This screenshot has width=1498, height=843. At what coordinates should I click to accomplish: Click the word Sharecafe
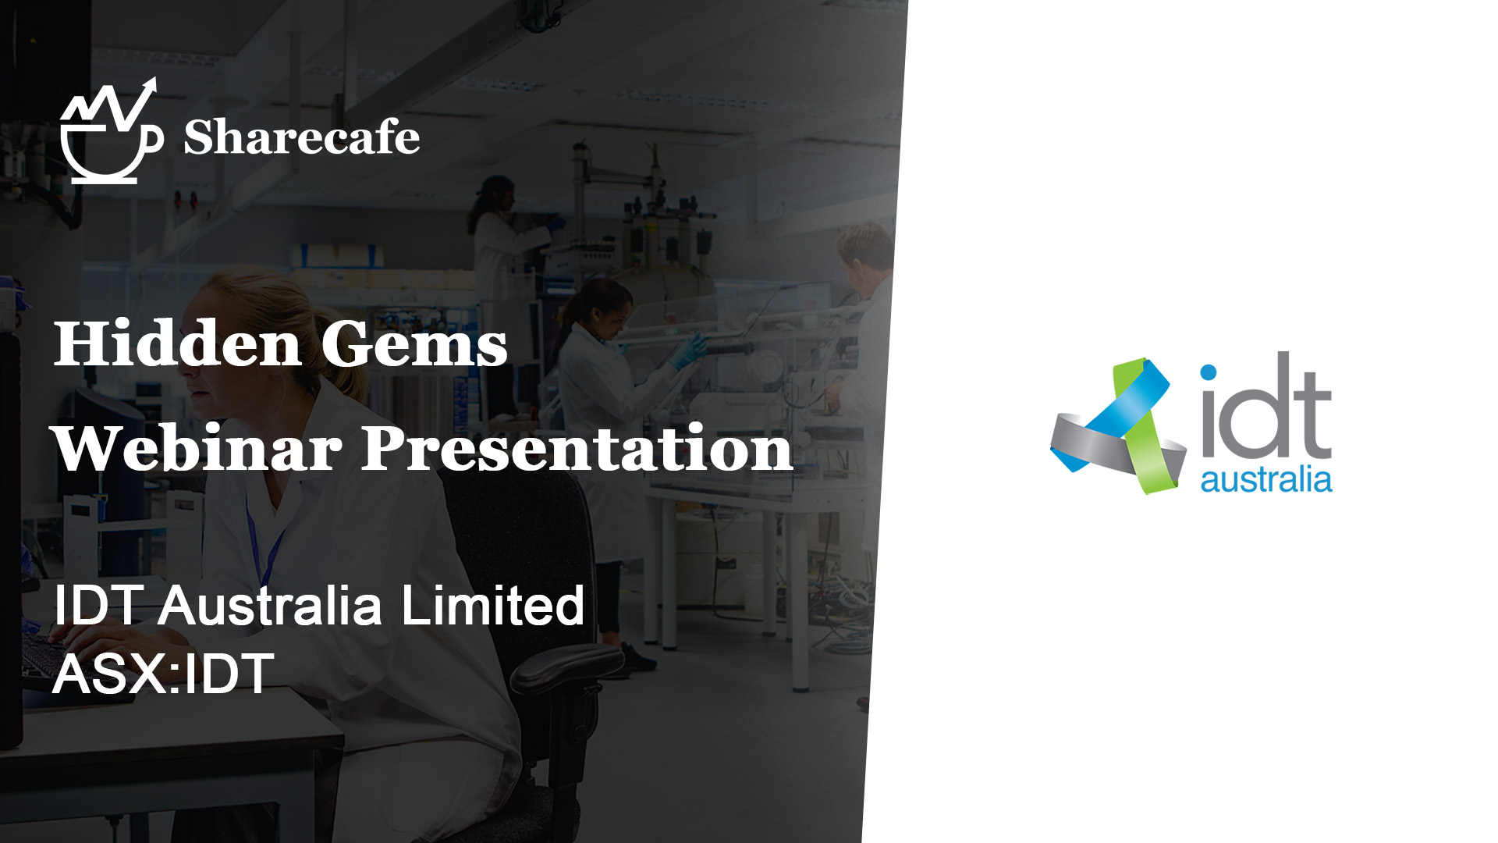tap(302, 137)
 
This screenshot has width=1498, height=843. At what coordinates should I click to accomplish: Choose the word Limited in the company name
tap(492, 606)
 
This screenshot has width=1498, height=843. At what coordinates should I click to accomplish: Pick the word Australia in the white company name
tap(270, 606)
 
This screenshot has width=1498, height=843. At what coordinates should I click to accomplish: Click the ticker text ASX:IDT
tap(163, 674)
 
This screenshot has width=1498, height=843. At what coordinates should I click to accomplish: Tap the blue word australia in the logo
tap(1265, 479)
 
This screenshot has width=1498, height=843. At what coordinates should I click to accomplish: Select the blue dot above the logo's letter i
tap(1209, 372)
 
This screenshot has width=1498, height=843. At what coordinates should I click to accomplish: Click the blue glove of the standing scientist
tap(688, 350)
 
